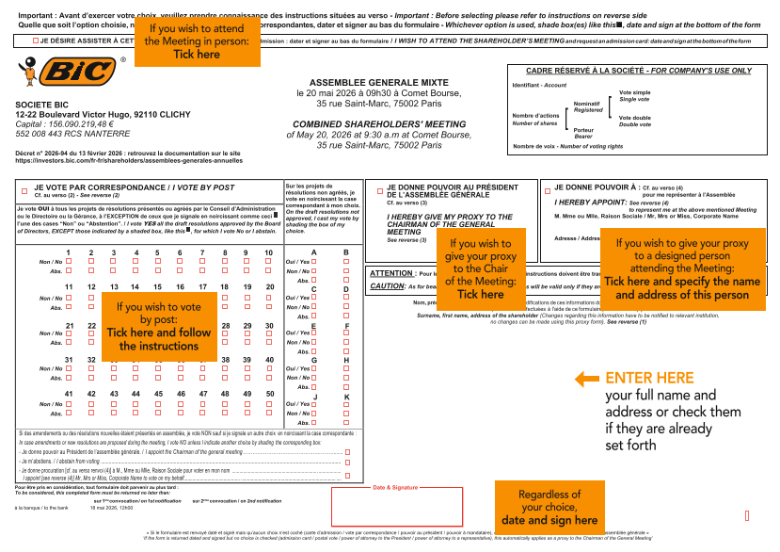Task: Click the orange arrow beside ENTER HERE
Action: point(586,380)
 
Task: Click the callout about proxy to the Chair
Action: point(480,268)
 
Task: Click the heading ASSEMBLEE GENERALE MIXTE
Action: point(380,83)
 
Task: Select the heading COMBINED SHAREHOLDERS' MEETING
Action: point(379,124)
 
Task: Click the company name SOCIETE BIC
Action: point(41,104)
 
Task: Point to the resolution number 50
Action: point(269,393)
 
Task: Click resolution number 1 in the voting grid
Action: point(69,252)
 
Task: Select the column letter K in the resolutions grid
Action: point(346,397)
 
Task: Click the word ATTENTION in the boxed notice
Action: point(390,273)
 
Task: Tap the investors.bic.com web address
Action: point(128,161)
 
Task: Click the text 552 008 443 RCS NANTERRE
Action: point(60,134)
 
